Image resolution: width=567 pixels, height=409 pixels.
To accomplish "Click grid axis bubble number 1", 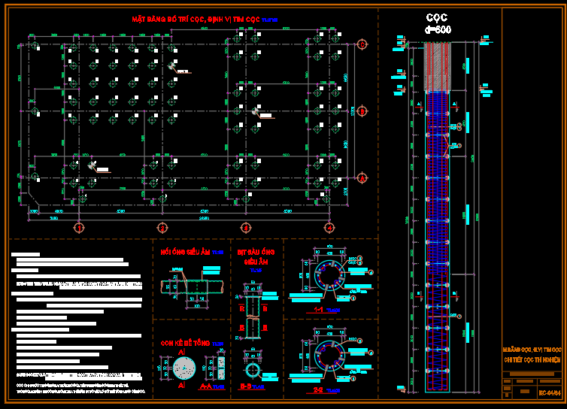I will (x=77, y=226).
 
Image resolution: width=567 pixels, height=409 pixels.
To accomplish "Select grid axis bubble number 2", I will (x=161, y=226).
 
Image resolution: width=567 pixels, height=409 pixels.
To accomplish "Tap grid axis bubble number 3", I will (x=245, y=226).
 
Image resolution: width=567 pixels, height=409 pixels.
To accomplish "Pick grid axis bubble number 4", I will (x=329, y=226).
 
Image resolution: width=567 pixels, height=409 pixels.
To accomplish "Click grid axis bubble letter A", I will (x=362, y=178).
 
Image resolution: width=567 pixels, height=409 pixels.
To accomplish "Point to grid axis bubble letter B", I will (x=362, y=111).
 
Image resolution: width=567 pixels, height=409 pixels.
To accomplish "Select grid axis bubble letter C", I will (x=362, y=44).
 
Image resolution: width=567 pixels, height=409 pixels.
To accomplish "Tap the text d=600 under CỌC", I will (x=438, y=29).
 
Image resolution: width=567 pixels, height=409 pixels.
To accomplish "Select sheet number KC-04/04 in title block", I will (x=549, y=392).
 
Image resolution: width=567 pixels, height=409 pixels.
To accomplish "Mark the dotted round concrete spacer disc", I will (x=183, y=368).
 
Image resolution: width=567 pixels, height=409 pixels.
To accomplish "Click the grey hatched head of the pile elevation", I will (x=437, y=68).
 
